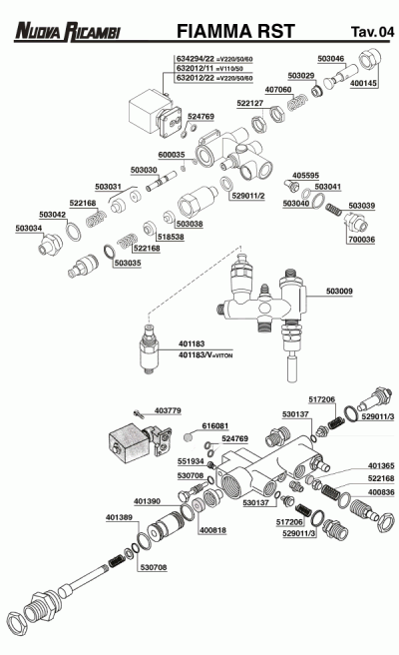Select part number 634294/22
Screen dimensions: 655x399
click(x=195, y=59)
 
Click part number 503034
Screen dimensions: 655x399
click(x=30, y=229)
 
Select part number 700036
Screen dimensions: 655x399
click(x=362, y=240)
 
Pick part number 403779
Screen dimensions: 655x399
click(x=169, y=410)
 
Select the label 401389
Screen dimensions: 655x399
click(x=120, y=516)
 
